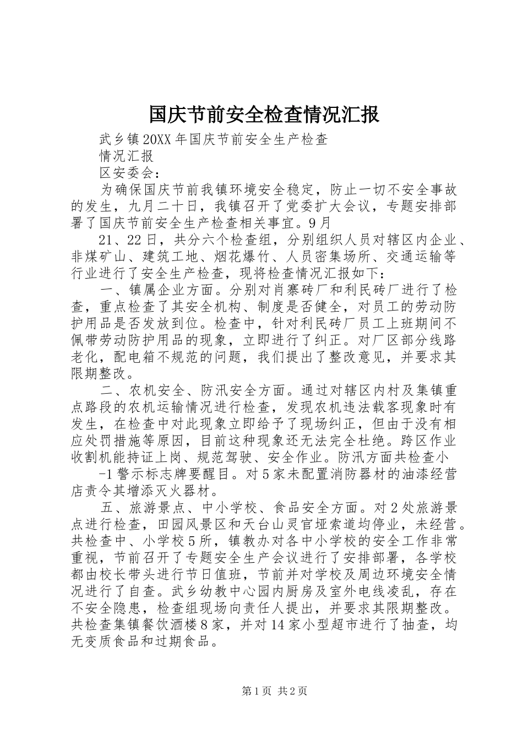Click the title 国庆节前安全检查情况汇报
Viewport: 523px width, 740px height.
tap(264, 115)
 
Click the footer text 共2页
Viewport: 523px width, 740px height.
tap(292, 691)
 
